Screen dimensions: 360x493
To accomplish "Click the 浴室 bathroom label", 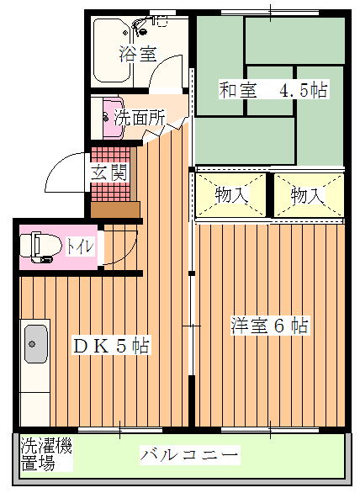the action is [x=138, y=54].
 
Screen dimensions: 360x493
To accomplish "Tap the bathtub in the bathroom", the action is [x=112, y=50].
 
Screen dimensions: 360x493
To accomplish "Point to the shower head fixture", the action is [x=140, y=26].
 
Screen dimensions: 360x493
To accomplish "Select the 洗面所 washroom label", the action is [x=140, y=118].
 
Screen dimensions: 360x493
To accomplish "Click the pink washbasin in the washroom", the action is [x=113, y=118].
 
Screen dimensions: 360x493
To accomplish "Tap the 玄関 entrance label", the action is [x=109, y=172].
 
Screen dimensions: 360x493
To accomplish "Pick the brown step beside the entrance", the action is [x=115, y=209].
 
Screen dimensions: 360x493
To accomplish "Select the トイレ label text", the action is [x=80, y=246].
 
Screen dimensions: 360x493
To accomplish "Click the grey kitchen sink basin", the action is [x=36, y=343].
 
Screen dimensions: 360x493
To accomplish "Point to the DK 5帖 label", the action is [x=111, y=345].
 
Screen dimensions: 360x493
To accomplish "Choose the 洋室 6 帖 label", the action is [x=269, y=326].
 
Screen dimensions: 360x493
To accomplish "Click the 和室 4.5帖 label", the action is [x=273, y=90].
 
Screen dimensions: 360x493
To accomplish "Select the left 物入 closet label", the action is [x=231, y=195].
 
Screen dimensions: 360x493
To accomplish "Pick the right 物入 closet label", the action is [x=307, y=196].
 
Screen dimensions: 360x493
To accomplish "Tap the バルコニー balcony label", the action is [x=188, y=455].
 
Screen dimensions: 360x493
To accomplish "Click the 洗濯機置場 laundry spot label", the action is [x=46, y=453].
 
